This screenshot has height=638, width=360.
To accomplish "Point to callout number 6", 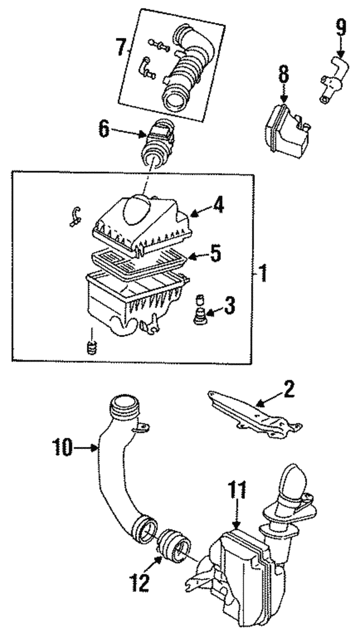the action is (x=104, y=129).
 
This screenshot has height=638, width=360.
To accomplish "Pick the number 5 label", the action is (x=215, y=254).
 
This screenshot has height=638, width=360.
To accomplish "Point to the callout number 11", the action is (x=237, y=491).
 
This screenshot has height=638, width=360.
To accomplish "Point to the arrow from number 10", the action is (x=85, y=448).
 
